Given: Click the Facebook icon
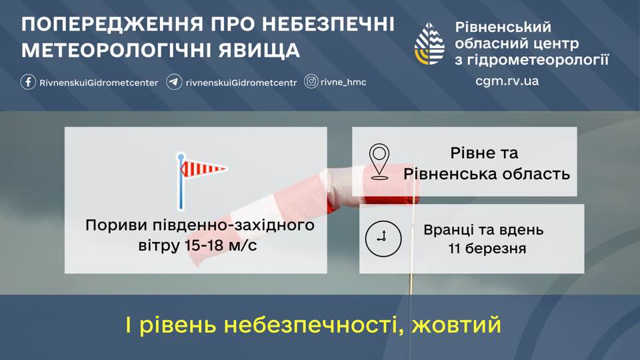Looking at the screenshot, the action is tap(28, 81).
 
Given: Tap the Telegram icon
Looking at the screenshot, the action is tap(174, 81).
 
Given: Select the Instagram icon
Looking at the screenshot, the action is tap(311, 81).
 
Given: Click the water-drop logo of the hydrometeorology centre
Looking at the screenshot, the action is tap(429, 44).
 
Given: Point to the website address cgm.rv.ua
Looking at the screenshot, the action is tap(507, 81).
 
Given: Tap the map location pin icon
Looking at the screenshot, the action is tap(379, 161).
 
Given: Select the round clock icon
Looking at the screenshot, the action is tap(383, 239).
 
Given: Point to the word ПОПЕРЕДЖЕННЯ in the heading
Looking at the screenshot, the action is tap(112, 25).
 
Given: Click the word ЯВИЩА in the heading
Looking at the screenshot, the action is tap(259, 50).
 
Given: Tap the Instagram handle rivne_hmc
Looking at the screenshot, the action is tap(343, 82).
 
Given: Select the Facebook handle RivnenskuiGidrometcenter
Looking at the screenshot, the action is tap(99, 83).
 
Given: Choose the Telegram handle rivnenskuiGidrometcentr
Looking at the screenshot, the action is tap(241, 83).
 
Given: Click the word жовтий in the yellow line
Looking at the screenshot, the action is tap(456, 325).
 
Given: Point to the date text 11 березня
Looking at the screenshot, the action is tap(487, 248).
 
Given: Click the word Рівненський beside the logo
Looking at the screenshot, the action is tap(503, 27).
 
